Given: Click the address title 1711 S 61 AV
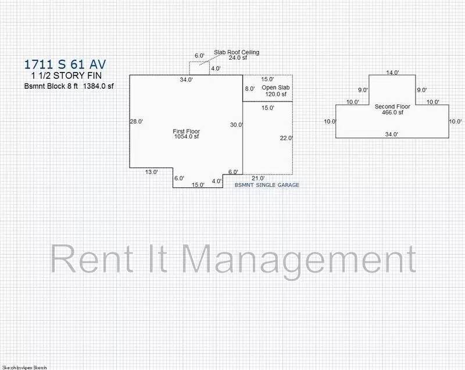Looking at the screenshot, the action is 65,64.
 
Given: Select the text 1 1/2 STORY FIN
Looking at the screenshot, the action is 66,76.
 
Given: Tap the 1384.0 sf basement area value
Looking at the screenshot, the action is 98,86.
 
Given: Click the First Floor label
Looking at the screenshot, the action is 186,131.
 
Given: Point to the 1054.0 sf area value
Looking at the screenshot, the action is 186,136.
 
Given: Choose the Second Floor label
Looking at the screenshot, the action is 392,107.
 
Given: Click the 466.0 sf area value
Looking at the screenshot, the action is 392,112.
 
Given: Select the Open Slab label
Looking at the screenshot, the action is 276,88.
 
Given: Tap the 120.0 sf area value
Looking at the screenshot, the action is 276,94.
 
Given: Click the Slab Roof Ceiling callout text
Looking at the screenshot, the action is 237,52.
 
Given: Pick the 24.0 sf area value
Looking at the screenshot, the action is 238,58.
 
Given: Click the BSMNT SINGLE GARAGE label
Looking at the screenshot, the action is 267,185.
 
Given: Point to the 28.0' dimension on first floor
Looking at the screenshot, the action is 137,121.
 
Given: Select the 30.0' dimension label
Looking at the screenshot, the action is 237,125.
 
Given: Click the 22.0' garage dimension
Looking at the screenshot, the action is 287,138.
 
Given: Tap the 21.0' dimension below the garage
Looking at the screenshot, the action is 258,178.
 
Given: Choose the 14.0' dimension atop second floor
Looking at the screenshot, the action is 392,72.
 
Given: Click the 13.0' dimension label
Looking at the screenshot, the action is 151,172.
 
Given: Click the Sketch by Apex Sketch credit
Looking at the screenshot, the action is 24,368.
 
